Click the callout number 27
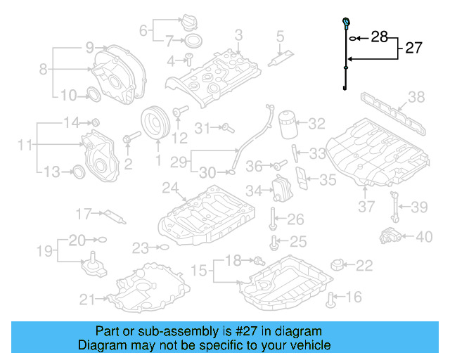(414, 48)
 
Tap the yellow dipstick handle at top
(346, 21)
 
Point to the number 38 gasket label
(416, 97)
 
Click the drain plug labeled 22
(340, 265)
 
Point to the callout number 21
(86, 300)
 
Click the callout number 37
(367, 207)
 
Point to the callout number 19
(44, 250)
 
